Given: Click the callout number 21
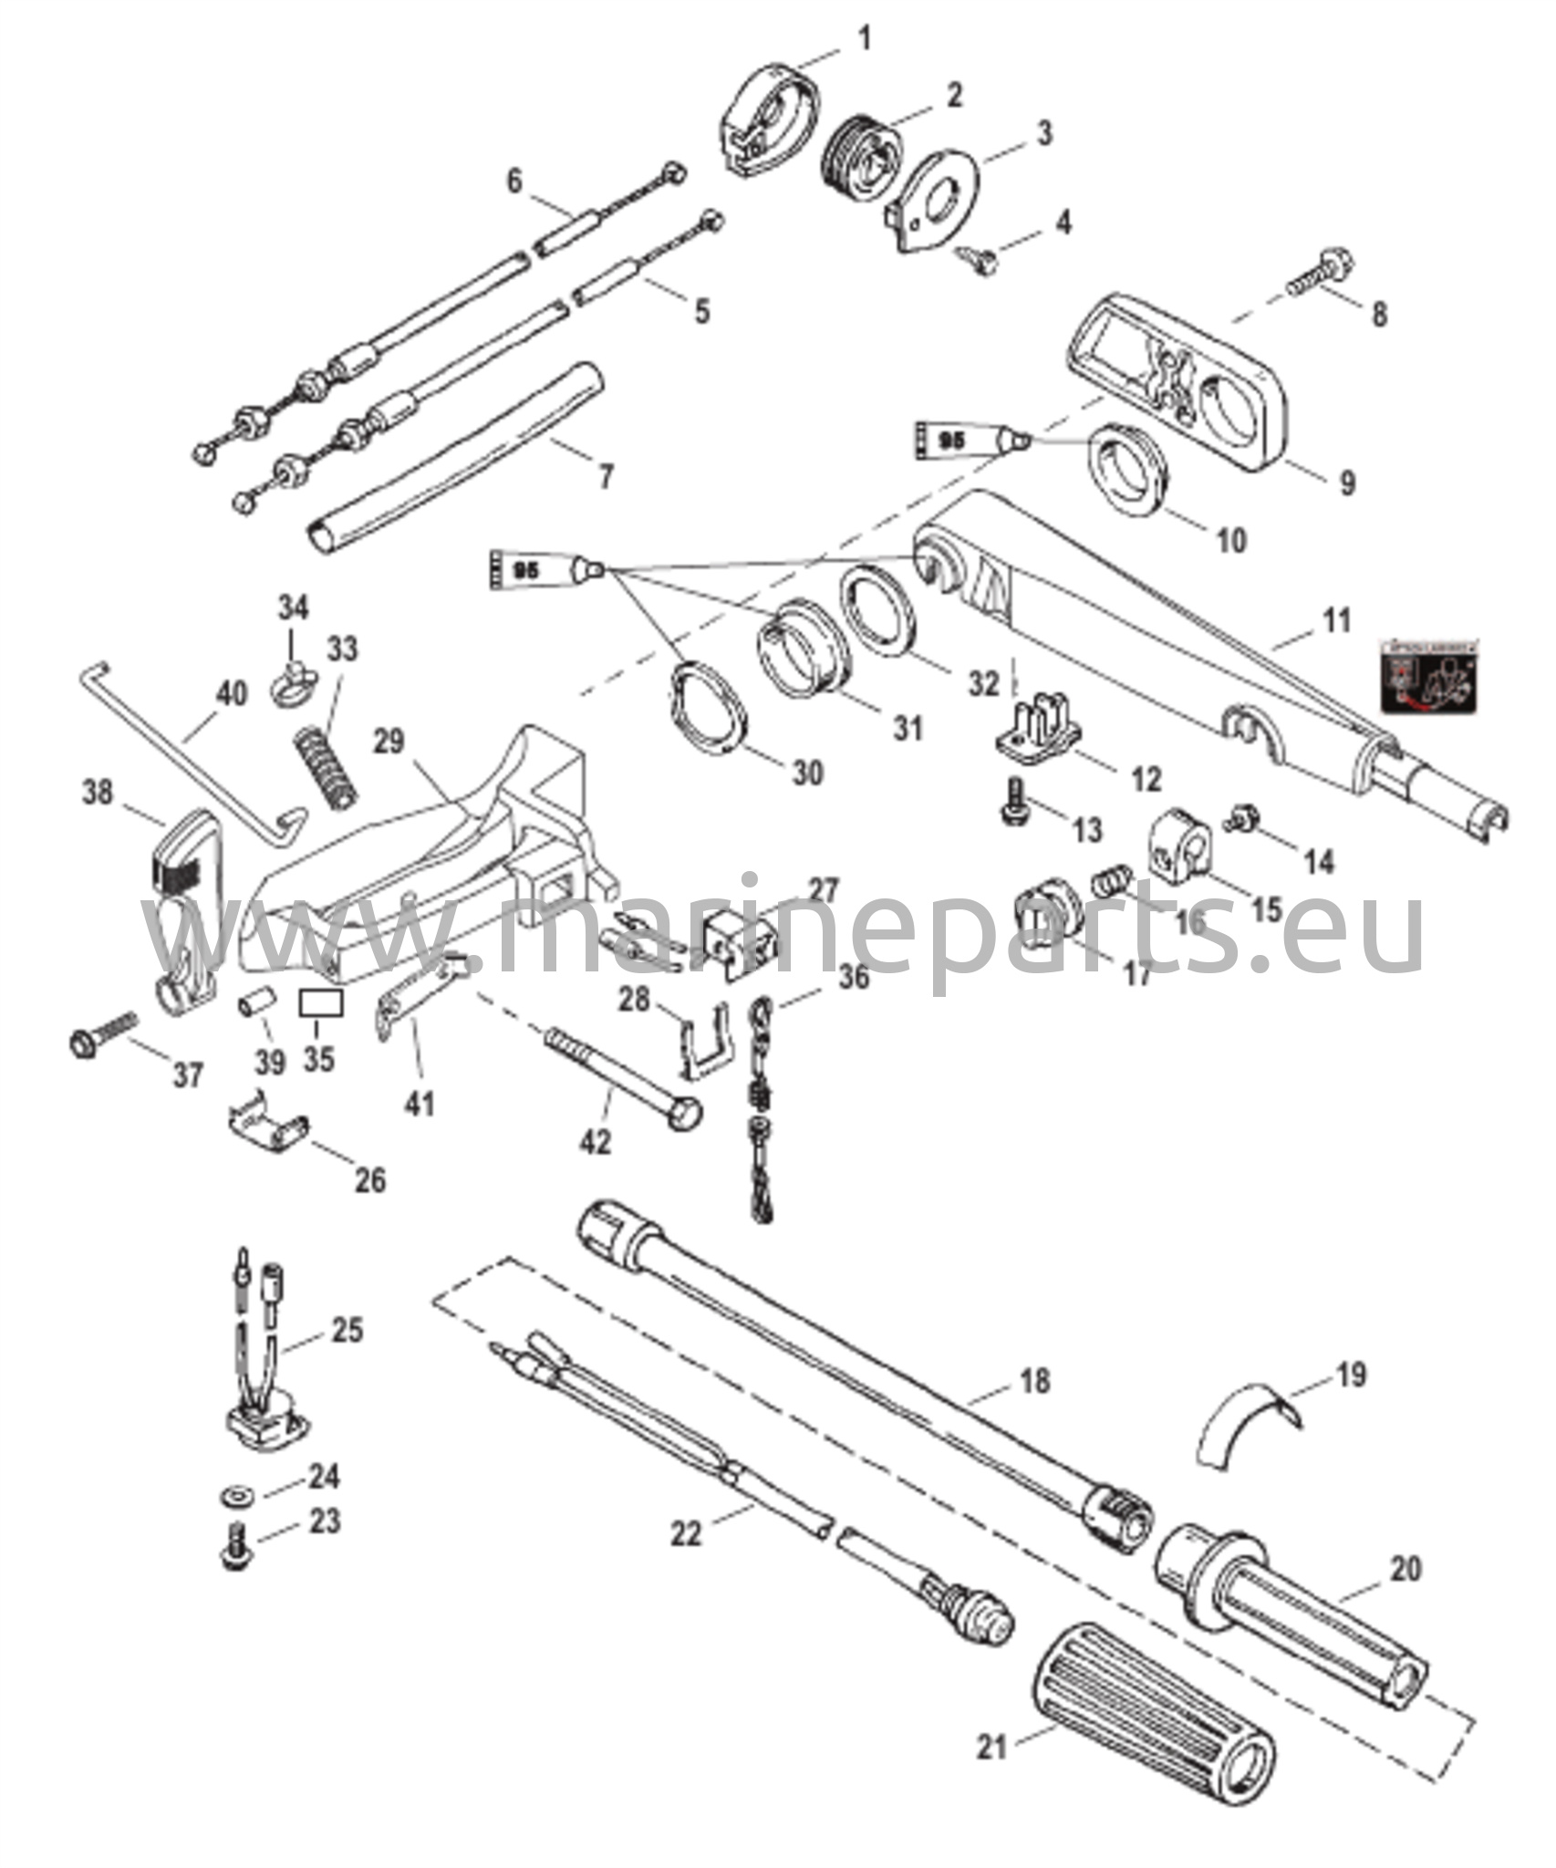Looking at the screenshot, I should coord(991,1748).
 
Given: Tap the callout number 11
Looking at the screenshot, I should coord(1337,622).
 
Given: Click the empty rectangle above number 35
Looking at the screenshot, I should coord(322,1005).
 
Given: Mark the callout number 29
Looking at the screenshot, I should coord(389,742).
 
